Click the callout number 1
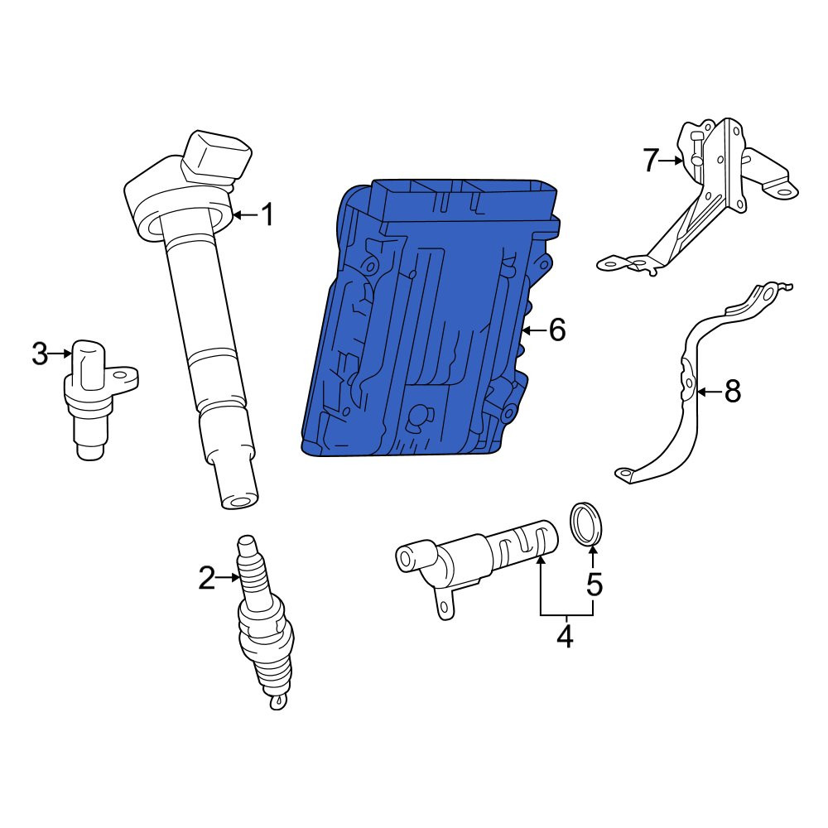click(x=269, y=215)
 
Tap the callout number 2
click(x=206, y=578)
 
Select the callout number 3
click(x=40, y=354)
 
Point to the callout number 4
click(x=565, y=636)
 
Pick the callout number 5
click(x=595, y=585)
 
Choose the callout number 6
click(x=557, y=330)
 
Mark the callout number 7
click(x=651, y=161)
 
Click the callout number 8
click(x=733, y=392)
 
